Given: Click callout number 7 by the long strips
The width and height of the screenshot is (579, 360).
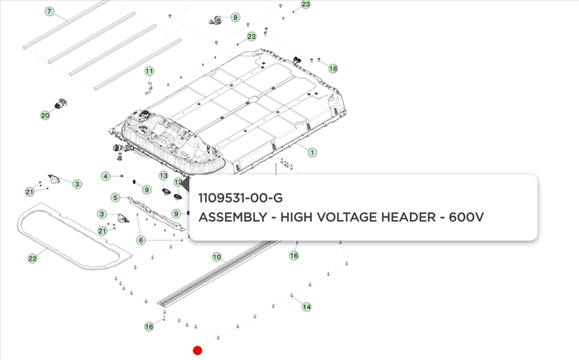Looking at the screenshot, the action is [49, 12].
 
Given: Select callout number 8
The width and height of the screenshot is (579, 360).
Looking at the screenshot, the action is [235, 17].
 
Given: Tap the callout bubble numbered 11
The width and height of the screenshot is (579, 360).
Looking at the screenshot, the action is [149, 71].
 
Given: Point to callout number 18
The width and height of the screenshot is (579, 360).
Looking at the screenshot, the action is [333, 68].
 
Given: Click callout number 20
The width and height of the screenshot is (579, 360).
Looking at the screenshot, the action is [45, 115].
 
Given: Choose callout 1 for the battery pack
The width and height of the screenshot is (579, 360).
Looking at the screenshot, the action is [312, 152].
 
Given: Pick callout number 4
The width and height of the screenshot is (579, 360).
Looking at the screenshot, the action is [106, 176].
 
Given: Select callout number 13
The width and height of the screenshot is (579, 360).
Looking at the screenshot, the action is [164, 175].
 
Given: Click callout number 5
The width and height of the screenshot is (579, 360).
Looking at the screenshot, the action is [116, 198].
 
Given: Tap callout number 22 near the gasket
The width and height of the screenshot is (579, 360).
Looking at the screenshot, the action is [33, 259].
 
